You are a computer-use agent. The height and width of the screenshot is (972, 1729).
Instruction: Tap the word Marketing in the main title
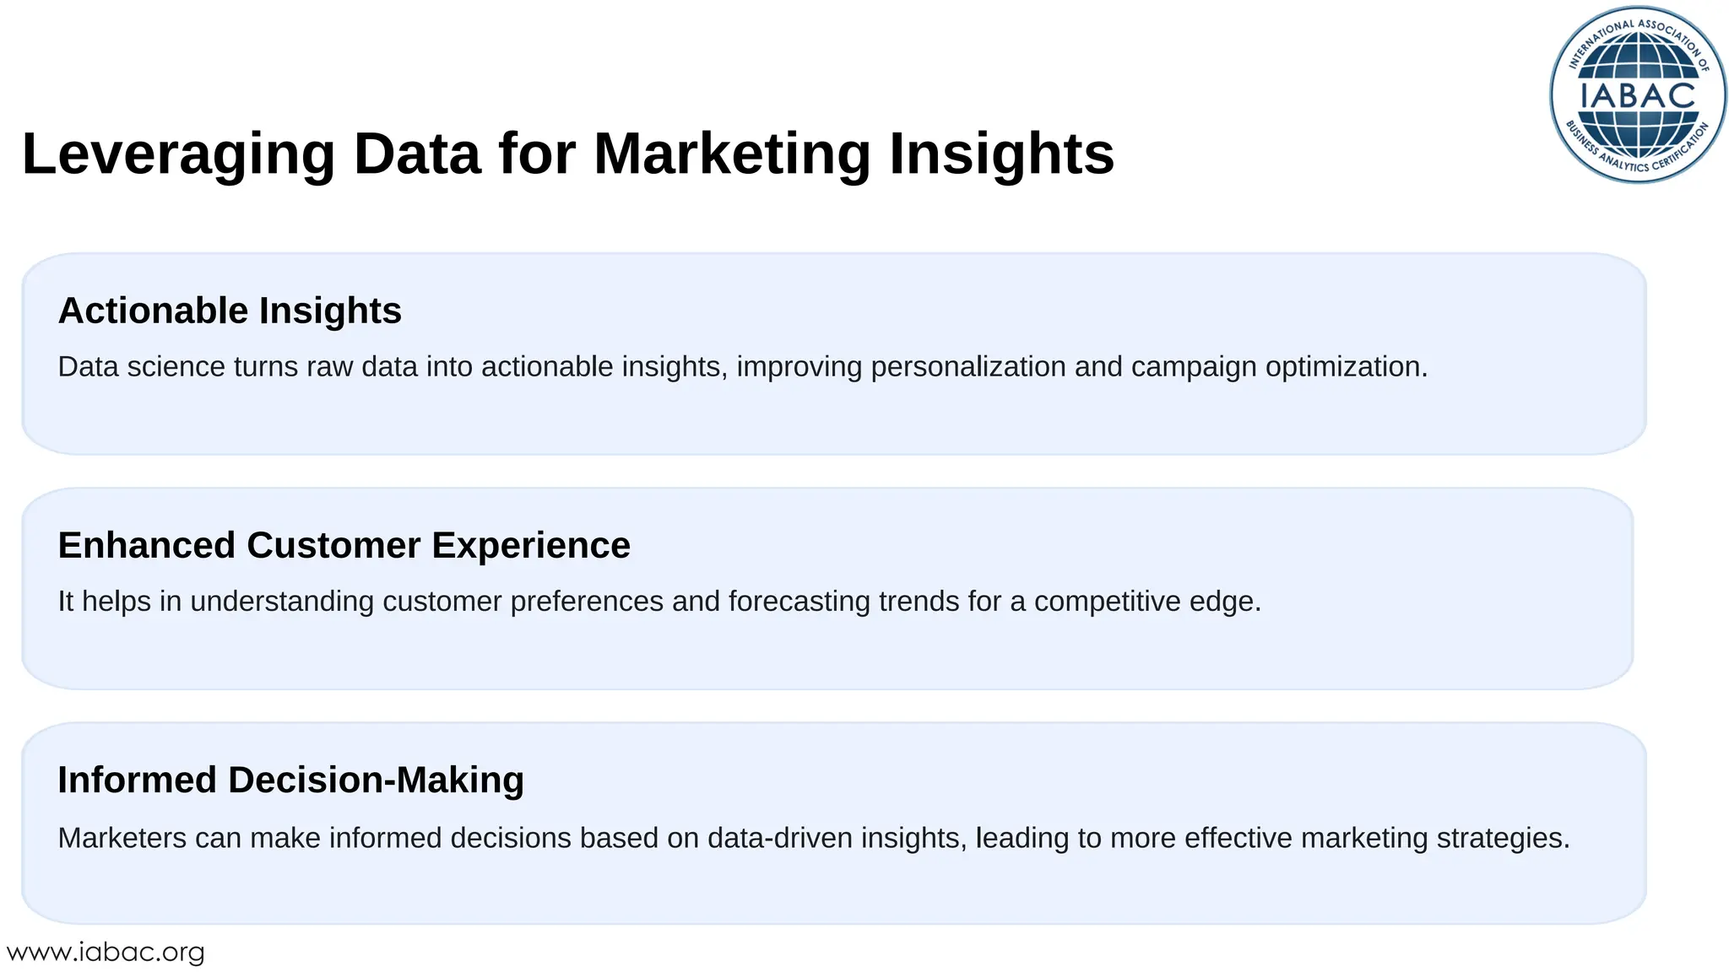(731, 154)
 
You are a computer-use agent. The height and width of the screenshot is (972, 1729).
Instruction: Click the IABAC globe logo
(1638, 94)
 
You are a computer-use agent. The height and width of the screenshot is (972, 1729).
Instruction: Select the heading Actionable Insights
(230, 310)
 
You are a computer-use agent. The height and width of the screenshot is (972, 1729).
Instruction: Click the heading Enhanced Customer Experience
(344, 545)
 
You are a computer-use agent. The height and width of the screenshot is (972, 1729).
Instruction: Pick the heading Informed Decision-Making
(290, 780)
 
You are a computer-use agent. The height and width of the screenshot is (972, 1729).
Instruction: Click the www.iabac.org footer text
(106, 953)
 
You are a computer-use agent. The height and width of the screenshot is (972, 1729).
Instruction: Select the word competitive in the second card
(1107, 602)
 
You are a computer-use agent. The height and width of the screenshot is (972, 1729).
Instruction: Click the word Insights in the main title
(1001, 154)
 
